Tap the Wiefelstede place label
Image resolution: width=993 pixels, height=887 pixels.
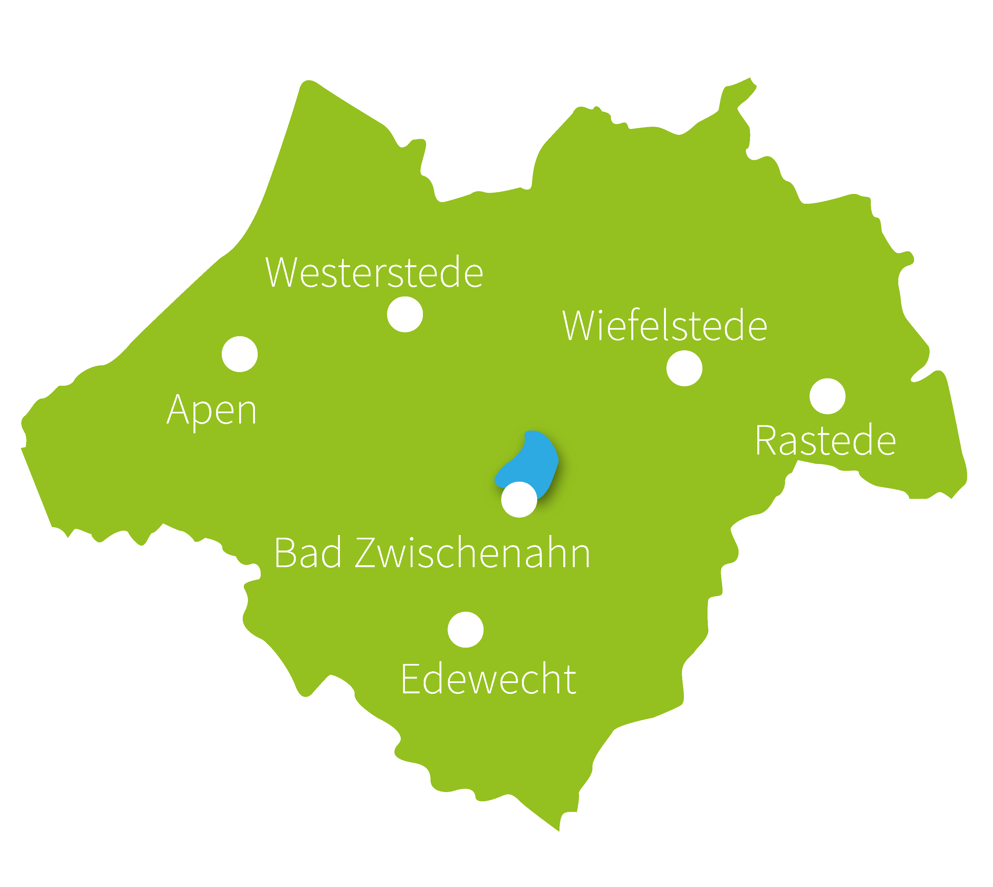pos(665,326)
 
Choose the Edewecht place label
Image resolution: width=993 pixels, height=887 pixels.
pos(488,679)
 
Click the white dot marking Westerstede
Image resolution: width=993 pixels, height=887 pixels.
pos(405,314)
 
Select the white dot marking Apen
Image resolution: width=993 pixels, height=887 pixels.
pos(239,354)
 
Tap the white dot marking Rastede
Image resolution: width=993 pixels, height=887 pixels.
pos(827,396)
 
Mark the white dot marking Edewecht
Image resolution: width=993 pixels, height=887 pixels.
pos(466,630)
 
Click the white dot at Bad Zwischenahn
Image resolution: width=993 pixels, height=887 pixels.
pos(519,500)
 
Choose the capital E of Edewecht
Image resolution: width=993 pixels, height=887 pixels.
pos(410,679)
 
